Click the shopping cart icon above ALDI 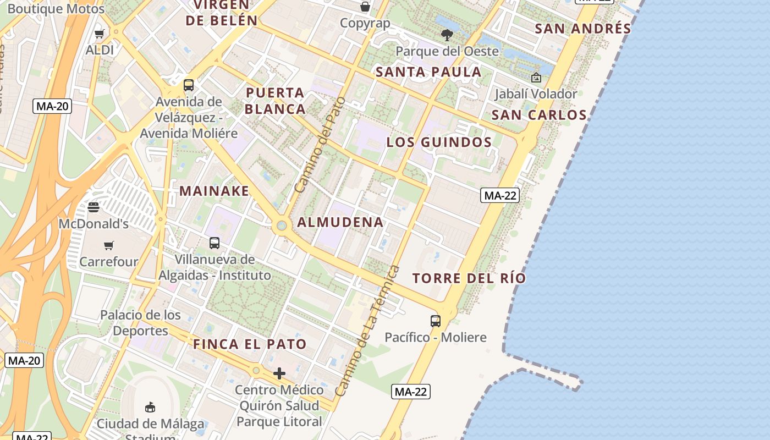pos(100,34)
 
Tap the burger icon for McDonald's pos(94,207)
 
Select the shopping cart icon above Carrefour pos(109,245)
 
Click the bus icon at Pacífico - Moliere pos(436,321)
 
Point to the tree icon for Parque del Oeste pos(447,35)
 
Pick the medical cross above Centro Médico pos(279,374)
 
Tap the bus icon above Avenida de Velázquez pos(189,85)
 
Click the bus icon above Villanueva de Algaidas pos(215,243)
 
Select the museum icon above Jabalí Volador pos(536,78)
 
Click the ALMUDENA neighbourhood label pos(340,222)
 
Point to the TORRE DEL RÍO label pos(469,278)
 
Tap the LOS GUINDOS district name pos(439,142)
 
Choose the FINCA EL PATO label pos(250,345)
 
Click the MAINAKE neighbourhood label pos(215,191)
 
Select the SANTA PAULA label pos(428,72)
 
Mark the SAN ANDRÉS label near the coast pos(583,29)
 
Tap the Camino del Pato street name pos(320,145)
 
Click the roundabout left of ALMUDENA pos(282,225)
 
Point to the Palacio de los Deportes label pos(140,323)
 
